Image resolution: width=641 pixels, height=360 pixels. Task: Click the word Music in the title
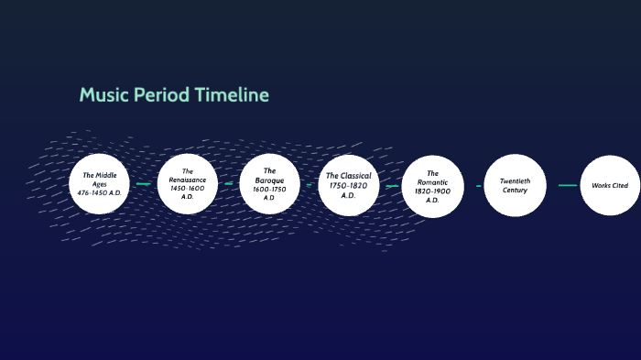[x=102, y=94]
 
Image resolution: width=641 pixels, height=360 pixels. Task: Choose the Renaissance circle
[x=187, y=183]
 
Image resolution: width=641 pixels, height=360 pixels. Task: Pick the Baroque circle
[x=269, y=183]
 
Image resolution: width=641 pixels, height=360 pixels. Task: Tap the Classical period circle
[x=348, y=184]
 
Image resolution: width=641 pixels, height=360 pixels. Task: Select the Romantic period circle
[x=432, y=186]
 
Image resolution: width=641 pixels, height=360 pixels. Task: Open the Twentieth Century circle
[x=515, y=185]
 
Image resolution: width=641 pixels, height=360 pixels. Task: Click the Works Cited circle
[x=610, y=185]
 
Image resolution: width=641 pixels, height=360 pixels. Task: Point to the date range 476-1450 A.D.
[x=101, y=193]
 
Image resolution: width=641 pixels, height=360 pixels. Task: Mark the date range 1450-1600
[x=187, y=188]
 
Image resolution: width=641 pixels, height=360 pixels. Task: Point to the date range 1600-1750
[x=269, y=189]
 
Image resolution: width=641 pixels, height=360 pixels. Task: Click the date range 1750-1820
[x=348, y=185]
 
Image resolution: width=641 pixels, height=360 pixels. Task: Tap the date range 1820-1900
[x=432, y=191]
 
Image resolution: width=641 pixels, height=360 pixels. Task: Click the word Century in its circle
[x=515, y=191]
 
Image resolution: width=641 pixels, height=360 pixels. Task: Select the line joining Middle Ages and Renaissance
[x=143, y=184]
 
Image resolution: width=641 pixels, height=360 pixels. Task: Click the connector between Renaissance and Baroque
[x=228, y=184]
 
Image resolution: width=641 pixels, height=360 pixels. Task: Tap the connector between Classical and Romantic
[x=392, y=186]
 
